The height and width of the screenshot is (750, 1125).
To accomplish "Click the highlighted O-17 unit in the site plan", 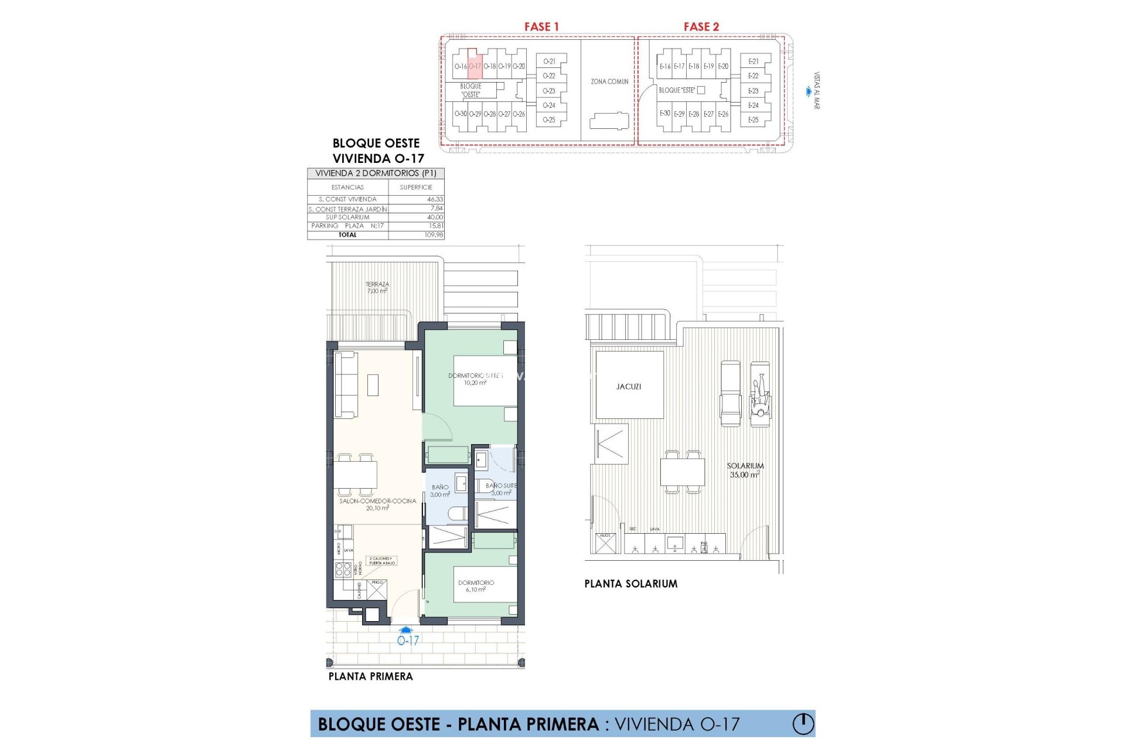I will click(x=475, y=66).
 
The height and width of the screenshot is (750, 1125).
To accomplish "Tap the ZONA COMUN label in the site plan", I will click(x=609, y=81).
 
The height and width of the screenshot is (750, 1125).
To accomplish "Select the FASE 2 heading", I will click(x=701, y=26).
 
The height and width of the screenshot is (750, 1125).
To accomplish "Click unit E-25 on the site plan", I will click(x=754, y=120).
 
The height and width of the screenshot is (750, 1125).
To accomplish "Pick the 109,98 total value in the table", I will click(x=434, y=235).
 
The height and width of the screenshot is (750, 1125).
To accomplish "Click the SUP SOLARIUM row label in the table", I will click(x=347, y=217).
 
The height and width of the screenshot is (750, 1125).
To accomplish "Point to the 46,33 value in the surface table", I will click(x=435, y=199).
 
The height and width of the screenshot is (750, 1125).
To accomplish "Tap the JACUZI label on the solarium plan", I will click(x=629, y=387).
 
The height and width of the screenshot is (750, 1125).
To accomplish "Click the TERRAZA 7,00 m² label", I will click(x=377, y=287).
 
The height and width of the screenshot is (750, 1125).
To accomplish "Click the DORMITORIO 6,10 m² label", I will click(x=476, y=586).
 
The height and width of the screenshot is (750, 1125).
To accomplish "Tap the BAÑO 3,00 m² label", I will click(x=440, y=490).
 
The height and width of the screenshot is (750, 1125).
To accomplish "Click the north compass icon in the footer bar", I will click(x=803, y=724).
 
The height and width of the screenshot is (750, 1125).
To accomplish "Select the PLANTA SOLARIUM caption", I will click(x=630, y=584).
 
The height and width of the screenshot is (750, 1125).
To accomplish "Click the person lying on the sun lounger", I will click(x=760, y=398).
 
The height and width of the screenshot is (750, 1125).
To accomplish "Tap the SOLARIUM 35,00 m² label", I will click(x=745, y=470).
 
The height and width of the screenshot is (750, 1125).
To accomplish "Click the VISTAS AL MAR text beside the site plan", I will click(x=817, y=91).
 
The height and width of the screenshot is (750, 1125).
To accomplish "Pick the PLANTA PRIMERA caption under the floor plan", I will click(x=370, y=676).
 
